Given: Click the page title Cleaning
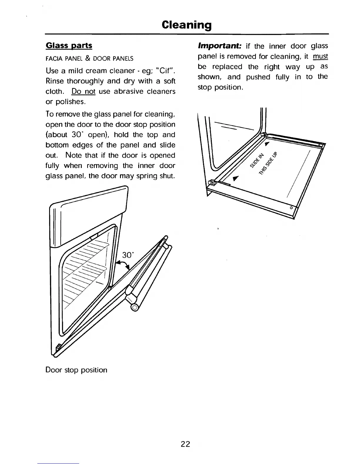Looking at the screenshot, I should point(186,25).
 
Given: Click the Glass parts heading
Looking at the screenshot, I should point(69,46).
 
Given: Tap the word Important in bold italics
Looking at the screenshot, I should point(220,46).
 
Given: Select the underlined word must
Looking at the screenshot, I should point(320,56).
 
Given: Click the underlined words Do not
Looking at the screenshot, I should point(83,91).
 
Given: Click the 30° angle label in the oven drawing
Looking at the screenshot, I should point(128,255).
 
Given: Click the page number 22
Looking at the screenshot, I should point(185,444).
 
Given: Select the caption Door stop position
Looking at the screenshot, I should point(76,370).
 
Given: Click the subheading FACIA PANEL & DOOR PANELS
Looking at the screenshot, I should point(89,59).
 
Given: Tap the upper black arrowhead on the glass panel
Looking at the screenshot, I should point(267,144).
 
